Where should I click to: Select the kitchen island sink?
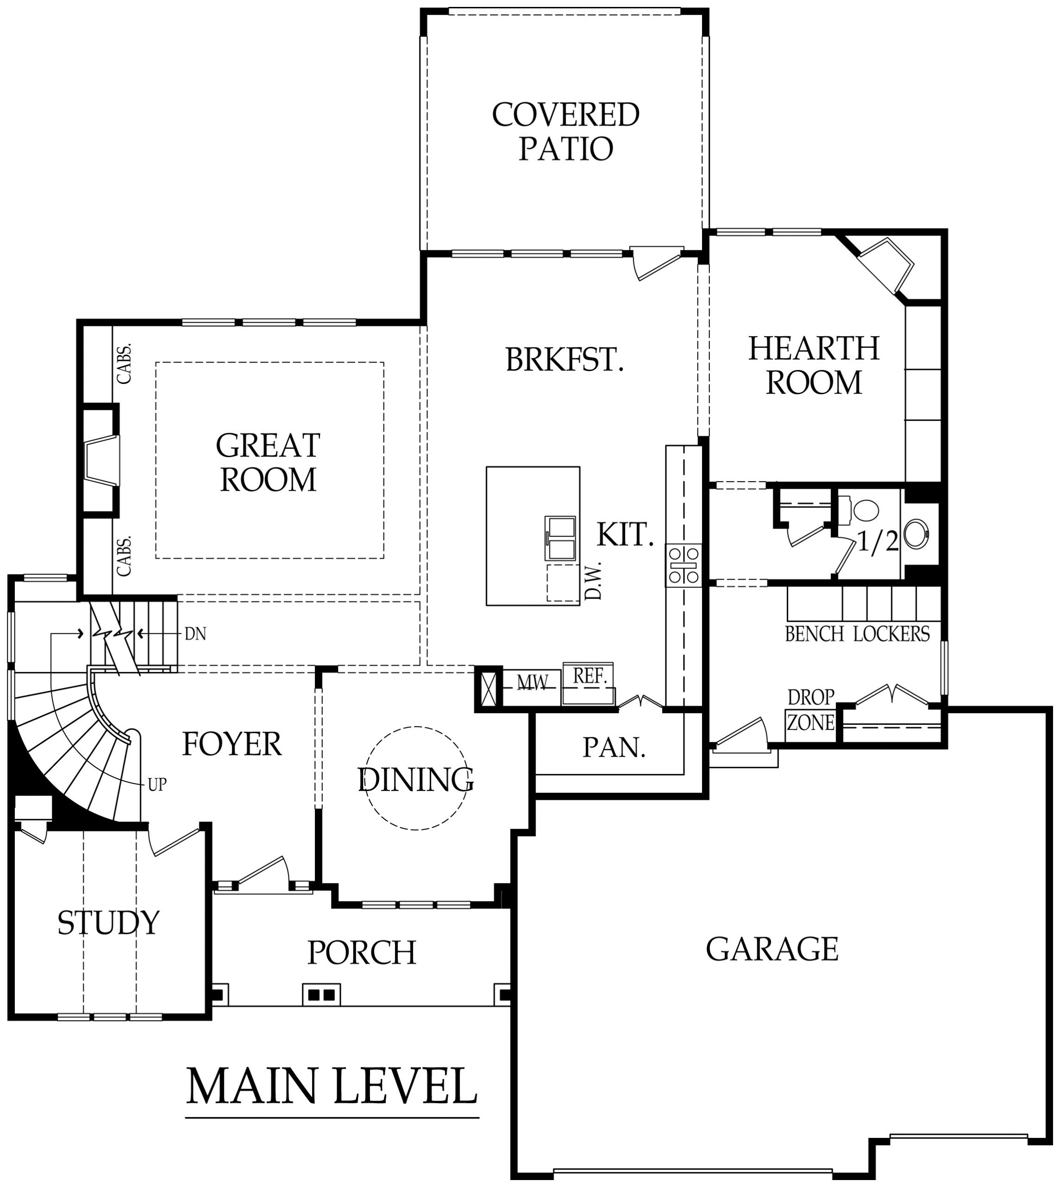560,539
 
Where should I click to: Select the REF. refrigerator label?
589,676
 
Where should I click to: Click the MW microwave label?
532,683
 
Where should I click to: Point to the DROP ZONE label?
811,710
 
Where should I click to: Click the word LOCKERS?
891,634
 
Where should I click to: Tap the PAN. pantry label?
614,747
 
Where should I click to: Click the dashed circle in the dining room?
416,778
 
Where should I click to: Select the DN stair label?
195,634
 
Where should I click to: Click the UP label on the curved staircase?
157,785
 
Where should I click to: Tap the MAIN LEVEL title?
332,1086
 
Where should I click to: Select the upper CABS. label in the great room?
124,364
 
